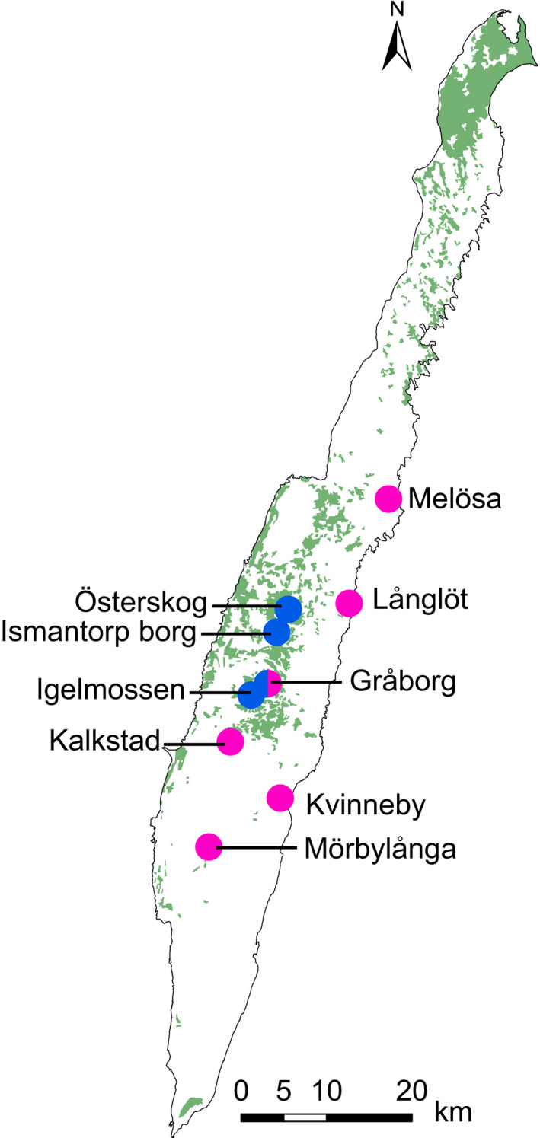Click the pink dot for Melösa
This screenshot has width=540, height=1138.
coord(388,498)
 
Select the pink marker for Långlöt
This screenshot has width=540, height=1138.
coord(349,603)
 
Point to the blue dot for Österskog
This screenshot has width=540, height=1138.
coord(289,608)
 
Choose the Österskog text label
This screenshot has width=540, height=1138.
coord(142,604)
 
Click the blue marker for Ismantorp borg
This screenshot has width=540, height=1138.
coord(276,632)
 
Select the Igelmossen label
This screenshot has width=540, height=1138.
coord(110,691)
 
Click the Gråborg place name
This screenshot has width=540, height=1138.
coord(403,682)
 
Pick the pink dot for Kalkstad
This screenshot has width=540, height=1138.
coord(230,741)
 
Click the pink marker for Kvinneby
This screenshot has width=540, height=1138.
coord(280,798)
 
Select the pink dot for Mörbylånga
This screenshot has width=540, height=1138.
coord(208,846)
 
